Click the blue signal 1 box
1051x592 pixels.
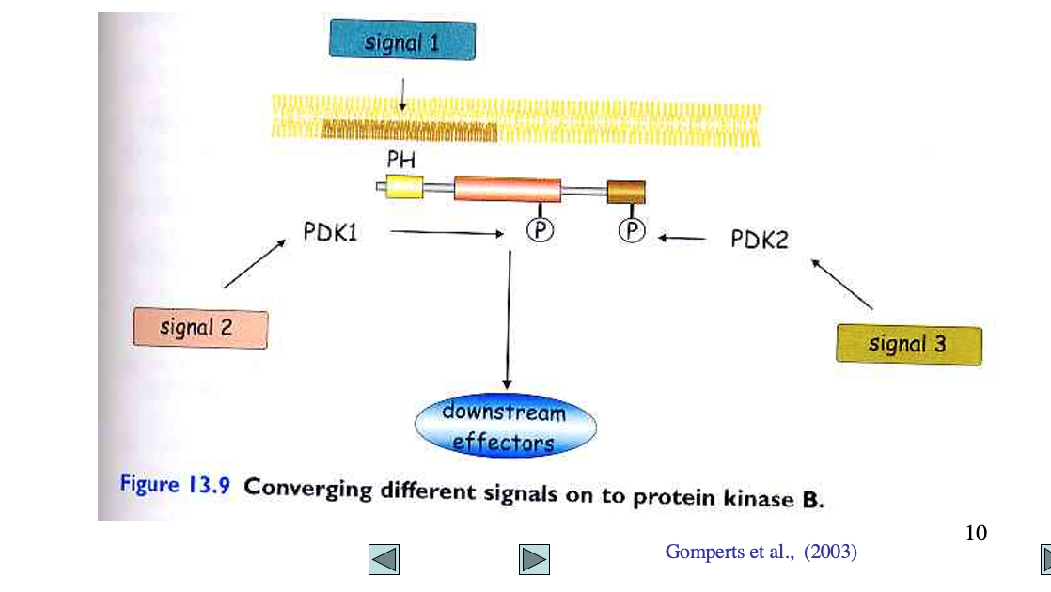point(401,40)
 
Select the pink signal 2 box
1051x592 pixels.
point(199,329)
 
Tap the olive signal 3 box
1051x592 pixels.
point(908,345)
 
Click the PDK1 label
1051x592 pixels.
point(330,231)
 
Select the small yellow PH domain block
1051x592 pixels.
point(404,187)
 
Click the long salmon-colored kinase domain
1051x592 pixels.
point(507,189)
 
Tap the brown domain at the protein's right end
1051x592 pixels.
point(626,191)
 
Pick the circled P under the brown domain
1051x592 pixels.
point(632,231)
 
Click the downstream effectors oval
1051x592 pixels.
point(505,426)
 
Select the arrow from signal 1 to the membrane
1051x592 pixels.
point(401,94)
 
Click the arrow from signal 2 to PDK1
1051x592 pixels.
point(255,263)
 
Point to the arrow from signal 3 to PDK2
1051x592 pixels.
point(841,284)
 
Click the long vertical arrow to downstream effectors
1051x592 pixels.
point(509,319)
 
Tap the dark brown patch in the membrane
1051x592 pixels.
point(408,131)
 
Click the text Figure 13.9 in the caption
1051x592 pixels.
point(176,486)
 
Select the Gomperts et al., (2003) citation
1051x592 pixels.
point(761,553)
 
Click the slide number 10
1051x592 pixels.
point(976,534)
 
